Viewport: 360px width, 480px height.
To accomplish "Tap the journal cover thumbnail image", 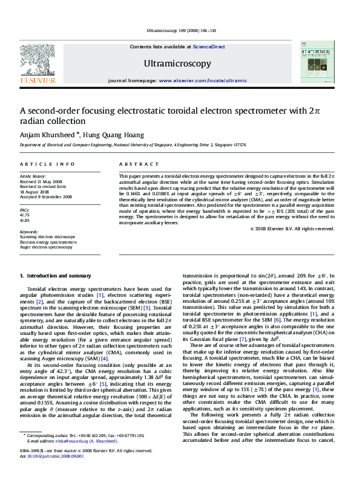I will [x=317, y=62].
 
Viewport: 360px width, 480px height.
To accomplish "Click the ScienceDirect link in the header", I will [x=209, y=47].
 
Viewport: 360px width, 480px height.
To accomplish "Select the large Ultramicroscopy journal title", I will [x=177, y=63].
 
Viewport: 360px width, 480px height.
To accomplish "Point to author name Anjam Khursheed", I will [x=48, y=134].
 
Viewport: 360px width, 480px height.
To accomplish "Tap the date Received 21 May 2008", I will [x=41, y=181].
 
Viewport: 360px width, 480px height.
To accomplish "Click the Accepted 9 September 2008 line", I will [x=46, y=196].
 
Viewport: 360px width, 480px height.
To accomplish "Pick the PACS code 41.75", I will [x=25, y=215].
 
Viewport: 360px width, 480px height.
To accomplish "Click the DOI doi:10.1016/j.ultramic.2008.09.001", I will [x=51, y=472].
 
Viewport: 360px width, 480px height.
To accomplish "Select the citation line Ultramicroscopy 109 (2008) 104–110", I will [x=180, y=31].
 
